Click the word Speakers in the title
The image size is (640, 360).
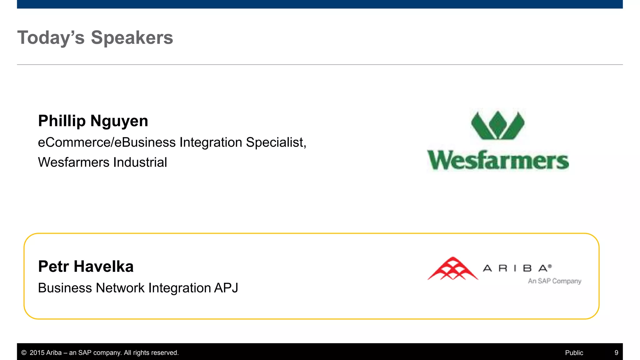coord(132,38)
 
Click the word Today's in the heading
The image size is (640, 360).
coord(51,38)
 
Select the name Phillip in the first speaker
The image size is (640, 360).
coord(62,121)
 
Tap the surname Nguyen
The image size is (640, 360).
coord(119,122)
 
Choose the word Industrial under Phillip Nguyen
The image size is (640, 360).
coord(140,162)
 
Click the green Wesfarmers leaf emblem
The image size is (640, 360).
coord(498,125)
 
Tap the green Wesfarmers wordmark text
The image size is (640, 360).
coord(498,161)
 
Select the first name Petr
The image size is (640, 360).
coord(53,267)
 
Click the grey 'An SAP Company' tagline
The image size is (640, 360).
coord(554,281)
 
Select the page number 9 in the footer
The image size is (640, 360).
coord(616,353)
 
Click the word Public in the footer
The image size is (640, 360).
coord(574,353)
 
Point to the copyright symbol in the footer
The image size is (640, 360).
coord(24,353)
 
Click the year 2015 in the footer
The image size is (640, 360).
coord(37,353)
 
